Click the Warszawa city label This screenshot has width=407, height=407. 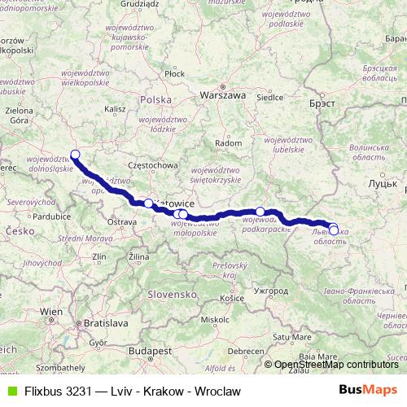[x=224, y=94]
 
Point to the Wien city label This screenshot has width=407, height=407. [x=52, y=312]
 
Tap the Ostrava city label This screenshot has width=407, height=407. [x=122, y=221]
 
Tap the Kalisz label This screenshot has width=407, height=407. [x=115, y=107]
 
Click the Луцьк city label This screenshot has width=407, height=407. [x=382, y=185]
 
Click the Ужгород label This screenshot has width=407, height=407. [x=271, y=290]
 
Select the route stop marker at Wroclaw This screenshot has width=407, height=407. [x=75, y=154]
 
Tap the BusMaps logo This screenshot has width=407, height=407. [x=368, y=389]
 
